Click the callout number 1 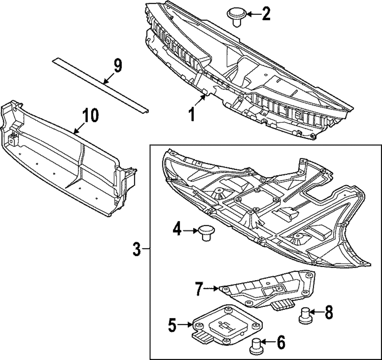pos(193,113)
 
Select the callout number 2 pos(265,14)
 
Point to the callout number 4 pos(176,231)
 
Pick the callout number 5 pos(172,325)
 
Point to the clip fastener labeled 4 pos(205,232)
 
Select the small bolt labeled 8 pos(304,315)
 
